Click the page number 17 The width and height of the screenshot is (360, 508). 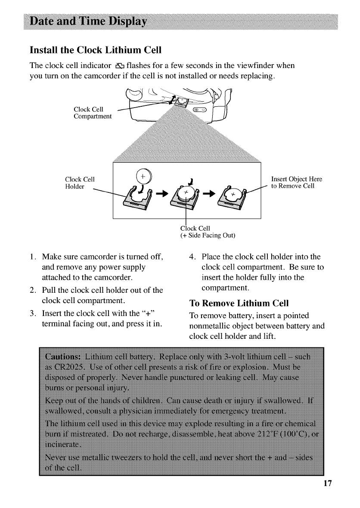(x=328, y=495)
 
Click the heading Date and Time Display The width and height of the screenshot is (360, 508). (x=88, y=22)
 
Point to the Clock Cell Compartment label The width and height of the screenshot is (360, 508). (x=93, y=113)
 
